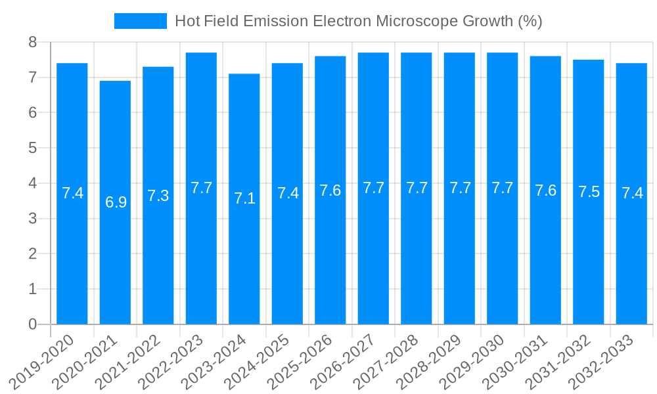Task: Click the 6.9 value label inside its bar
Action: (x=116, y=202)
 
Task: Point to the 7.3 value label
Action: (x=158, y=196)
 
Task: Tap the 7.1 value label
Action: (x=244, y=198)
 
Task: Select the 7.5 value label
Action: (x=589, y=192)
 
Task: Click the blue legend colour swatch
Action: (x=141, y=21)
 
